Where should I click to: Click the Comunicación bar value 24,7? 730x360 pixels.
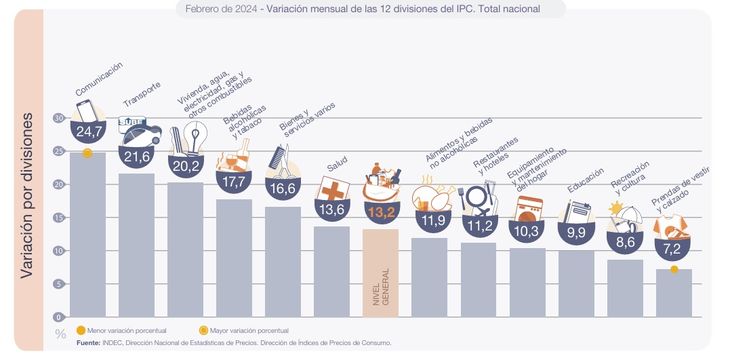pyautogui.click(x=89, y=132)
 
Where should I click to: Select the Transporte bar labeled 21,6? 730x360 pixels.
pyautogui.click(x=137, y=245)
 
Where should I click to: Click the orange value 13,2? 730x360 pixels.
pyautogui.click(x=380, y=213)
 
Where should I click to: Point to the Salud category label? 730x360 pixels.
pyautogui.click(x=337, y=166)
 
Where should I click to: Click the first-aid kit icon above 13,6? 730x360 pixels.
pyautogui.click(x=331, y=189)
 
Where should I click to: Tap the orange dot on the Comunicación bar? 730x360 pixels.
pyautogui.click(x=87, y=153)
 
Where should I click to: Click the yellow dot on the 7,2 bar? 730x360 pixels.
pyautogui.click(x=673, y=269)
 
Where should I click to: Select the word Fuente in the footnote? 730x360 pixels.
pyautogui.click(x=88, y=343)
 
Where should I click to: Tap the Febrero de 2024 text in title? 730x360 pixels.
pyautogui.click(x=220, y=9)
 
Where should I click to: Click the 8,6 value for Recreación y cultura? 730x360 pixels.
pyautogui.click(x=624, y=241)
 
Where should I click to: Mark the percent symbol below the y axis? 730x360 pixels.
pyautogui.click(x=60, y=333)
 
